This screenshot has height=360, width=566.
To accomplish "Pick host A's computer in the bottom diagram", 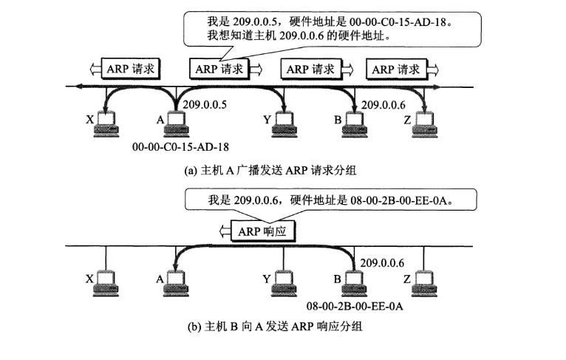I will point(177,282).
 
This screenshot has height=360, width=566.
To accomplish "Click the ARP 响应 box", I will point(265,231).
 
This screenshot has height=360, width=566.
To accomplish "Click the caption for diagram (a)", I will point(270,170).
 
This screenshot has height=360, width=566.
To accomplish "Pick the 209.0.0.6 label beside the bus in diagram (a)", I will point(382,105).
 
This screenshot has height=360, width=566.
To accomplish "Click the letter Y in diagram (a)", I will point(265,118).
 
